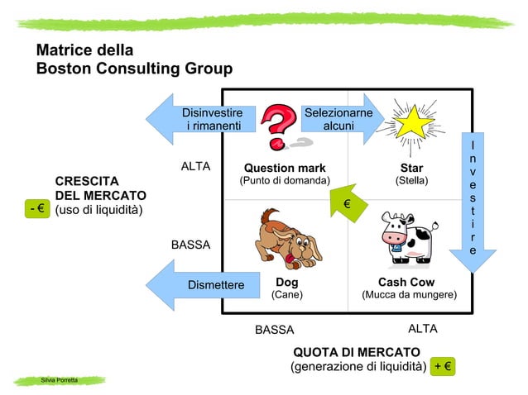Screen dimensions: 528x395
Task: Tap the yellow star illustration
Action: pyautogui.click(x=411, y=124)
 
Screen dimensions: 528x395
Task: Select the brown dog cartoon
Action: pyautogui.click(x=285, y=239)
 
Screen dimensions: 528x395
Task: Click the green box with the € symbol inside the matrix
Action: pyautogui.click(x=348, y=202)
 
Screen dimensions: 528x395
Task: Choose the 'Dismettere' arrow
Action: pyautogui.click(x=199, y=285)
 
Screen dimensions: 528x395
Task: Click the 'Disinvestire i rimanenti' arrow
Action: pyautogui.click(x=199, y=119)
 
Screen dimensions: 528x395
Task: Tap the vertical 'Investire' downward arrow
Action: pyautogui.click(x=473, y=199)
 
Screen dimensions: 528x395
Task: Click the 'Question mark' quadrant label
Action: pyautogui.click(x=284, y=169)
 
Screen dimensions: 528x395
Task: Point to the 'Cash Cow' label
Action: pyautogui.click(x=406, y=282)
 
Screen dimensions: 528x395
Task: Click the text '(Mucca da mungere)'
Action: pyautogui.click(x=409, y=294)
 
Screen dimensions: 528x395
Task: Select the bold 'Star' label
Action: pyautogui.click(x=411, y=169)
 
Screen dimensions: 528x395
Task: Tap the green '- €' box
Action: pyautogui.click(x=36, y=209)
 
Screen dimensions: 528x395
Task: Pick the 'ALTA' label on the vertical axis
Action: pyautogui.click(x=195, y=167)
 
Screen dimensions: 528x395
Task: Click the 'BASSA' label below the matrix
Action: pyautogui.click(x=274, y=330)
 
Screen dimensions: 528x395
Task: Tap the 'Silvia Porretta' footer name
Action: pyautogui.click(x=60, y=379)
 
